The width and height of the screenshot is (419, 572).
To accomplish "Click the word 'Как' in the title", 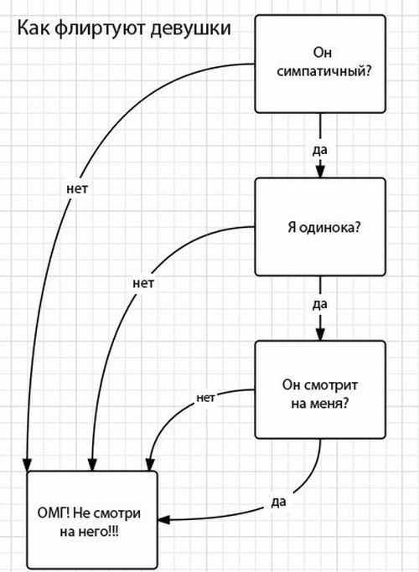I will click(31, 29).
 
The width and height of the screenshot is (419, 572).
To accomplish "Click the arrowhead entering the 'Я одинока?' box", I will click(319, 173).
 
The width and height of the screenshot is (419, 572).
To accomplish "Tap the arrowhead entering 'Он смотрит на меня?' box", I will click(319, 335).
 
